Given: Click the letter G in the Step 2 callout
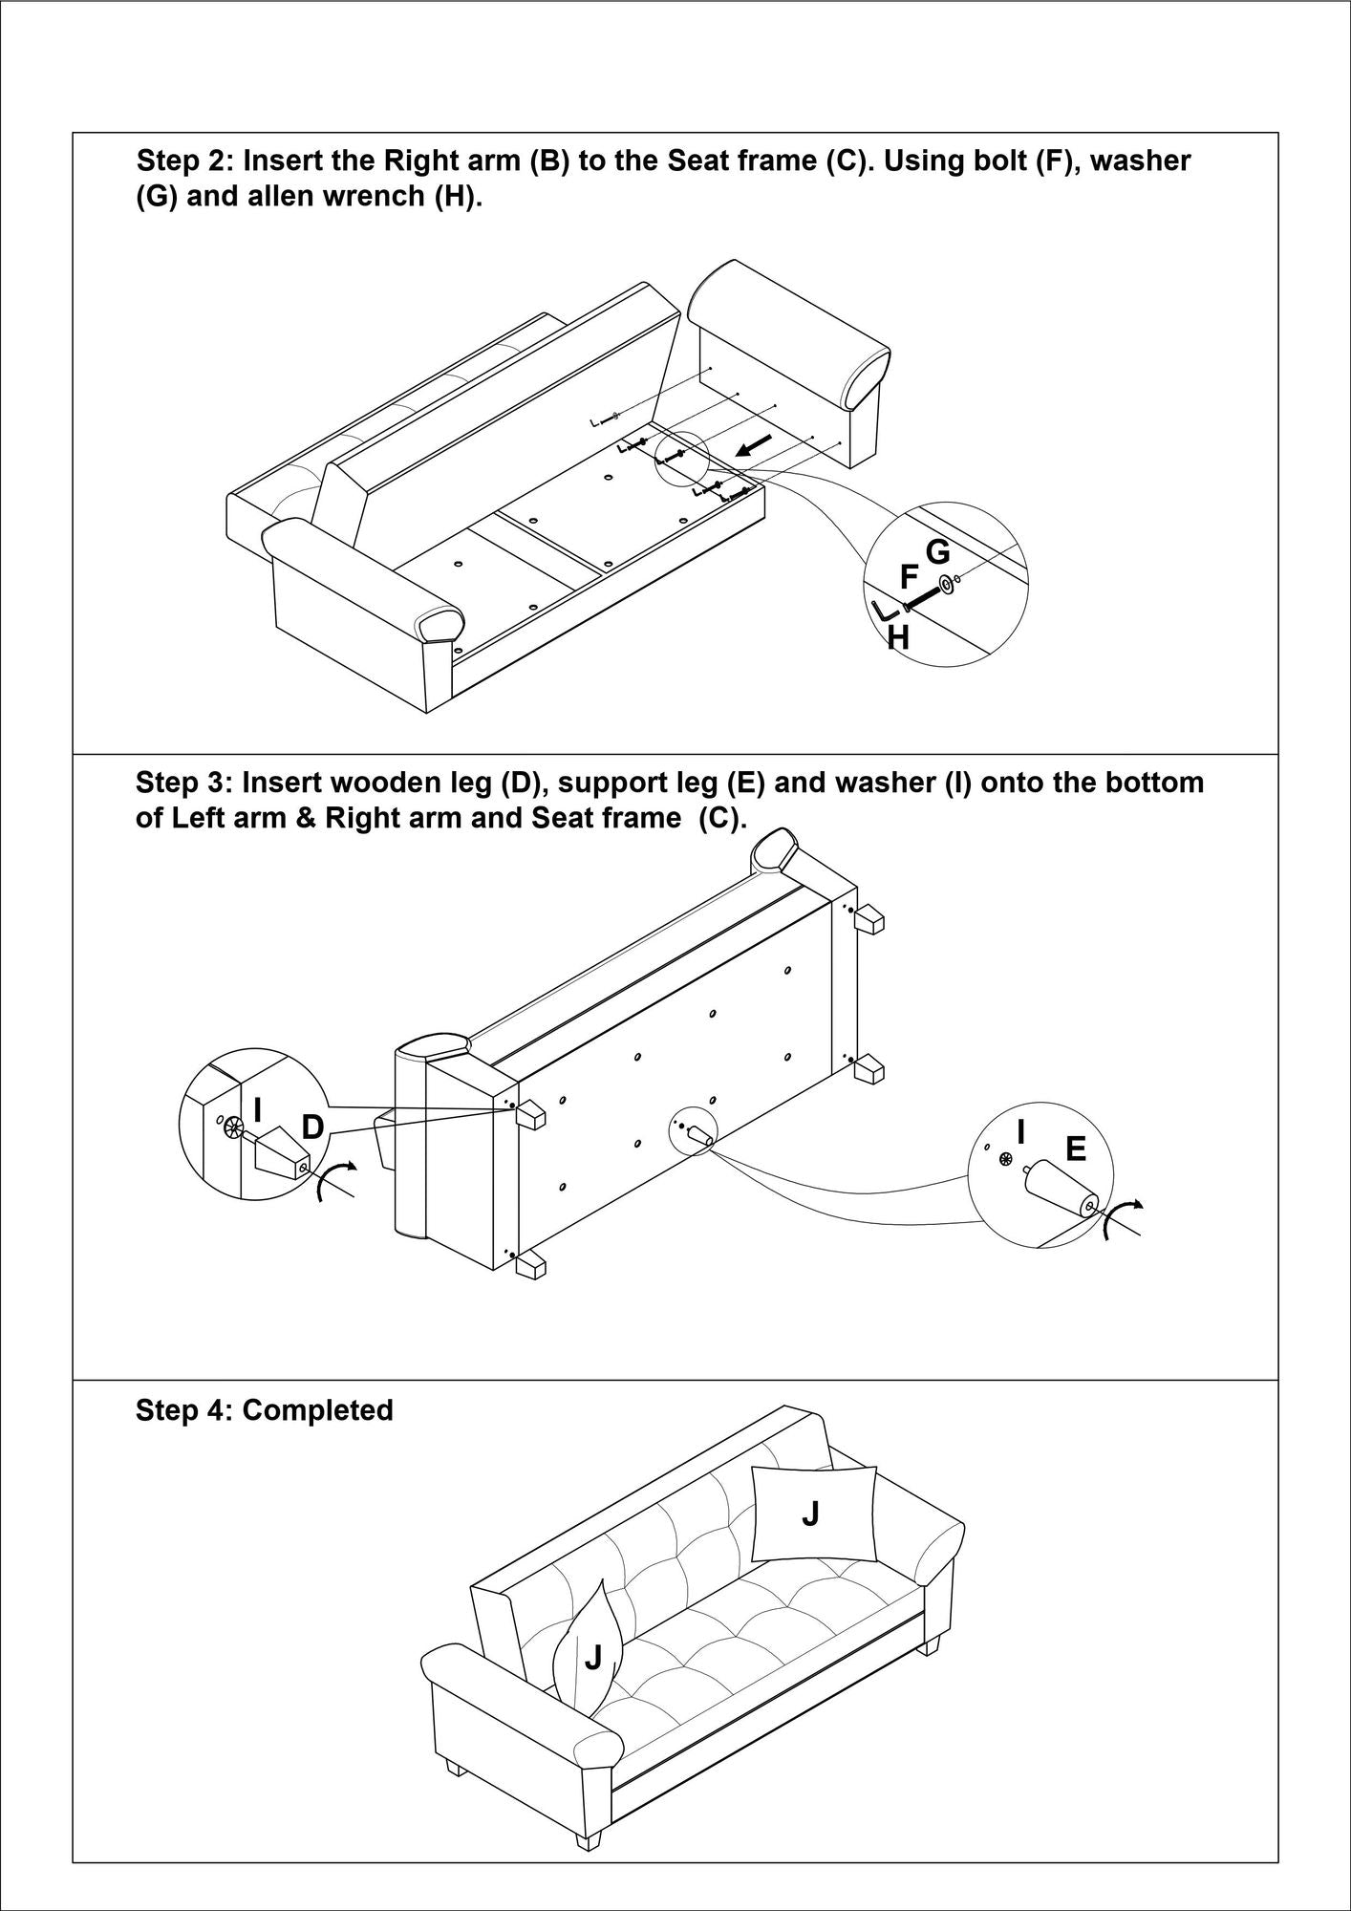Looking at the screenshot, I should (x=937, y=552).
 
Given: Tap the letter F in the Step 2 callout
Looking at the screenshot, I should (x=910, y=577).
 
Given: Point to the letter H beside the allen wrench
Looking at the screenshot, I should (x=897, y=637).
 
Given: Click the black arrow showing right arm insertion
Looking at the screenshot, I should (x=755, y=444).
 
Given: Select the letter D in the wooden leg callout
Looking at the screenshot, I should (x=312, y=1127).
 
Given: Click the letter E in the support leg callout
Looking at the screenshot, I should (x=1075, y=1149).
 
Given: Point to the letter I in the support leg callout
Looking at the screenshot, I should (x=1021, y=1132).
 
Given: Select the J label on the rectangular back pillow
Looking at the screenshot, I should (x=810, y=1514).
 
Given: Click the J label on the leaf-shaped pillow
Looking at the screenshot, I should (x=593, y=1658).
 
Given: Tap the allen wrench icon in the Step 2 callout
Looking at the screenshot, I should (x=883, y=609).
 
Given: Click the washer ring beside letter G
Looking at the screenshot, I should (x=946, y=584).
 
